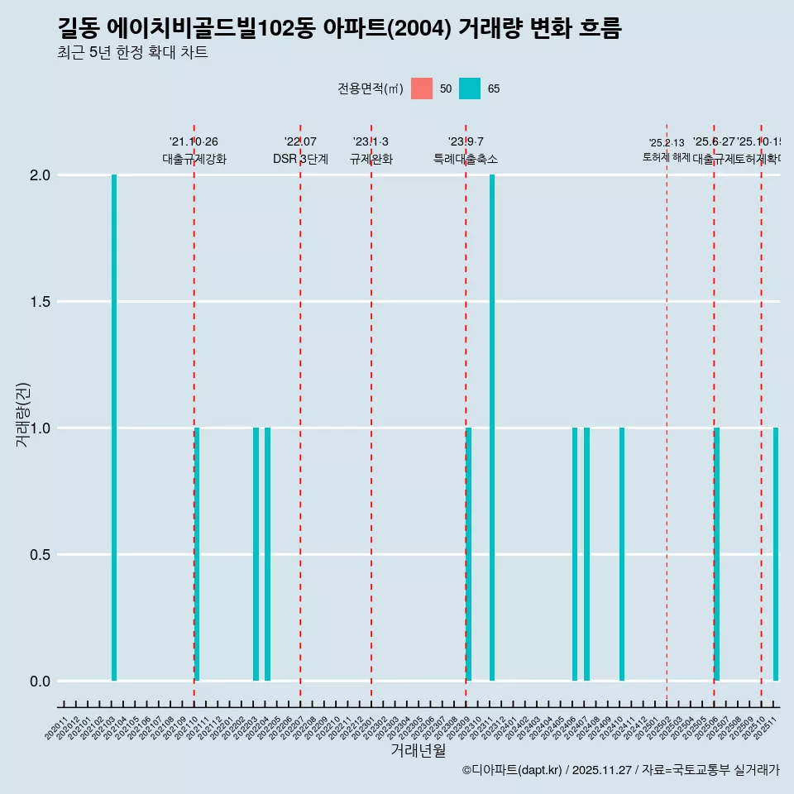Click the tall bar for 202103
(114, 428)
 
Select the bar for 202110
(197, 554)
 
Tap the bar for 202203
(256, 554)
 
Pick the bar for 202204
(267, 554)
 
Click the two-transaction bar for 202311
(492, 428)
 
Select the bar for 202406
(575, 554)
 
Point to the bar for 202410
(622, 554)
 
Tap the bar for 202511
(776, 554)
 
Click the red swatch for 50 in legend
(422, 88)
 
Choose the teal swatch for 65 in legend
(470, 88)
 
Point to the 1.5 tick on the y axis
(40, 302)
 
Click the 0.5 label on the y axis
(40, 555)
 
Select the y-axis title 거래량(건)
(23, 414)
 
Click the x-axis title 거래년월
(418, 751)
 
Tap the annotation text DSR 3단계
(300, 159)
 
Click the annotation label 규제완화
(371, 159)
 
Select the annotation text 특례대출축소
(466, 159)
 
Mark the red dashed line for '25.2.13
(667, 414)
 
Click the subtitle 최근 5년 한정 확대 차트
(132, 53)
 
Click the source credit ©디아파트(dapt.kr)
(512, 771)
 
